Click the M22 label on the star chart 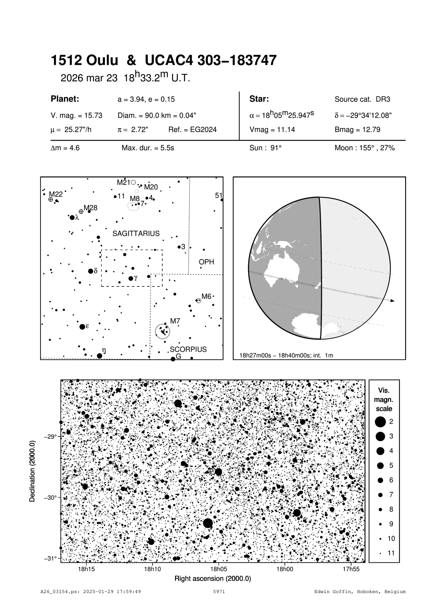(x=56, y=194)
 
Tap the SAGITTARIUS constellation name (x=136, y=234)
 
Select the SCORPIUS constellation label (x=188, y=349)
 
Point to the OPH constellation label (x=206, y=262)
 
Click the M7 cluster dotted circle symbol (x=163, y=331)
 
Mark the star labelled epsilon (x=82, y=327)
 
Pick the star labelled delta (x=90, y=271)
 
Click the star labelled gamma (x=131, y=278)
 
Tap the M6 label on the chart (x=206, y=296)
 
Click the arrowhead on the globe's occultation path (x=392, y=301)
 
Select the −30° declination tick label (x=50, y=498)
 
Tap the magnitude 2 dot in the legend (x=380, y=422)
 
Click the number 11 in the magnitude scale (x=391, y=553)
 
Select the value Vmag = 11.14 (x=272, y=130)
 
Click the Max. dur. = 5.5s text (x=148, y=148)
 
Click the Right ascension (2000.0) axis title (x=213, y=579)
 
